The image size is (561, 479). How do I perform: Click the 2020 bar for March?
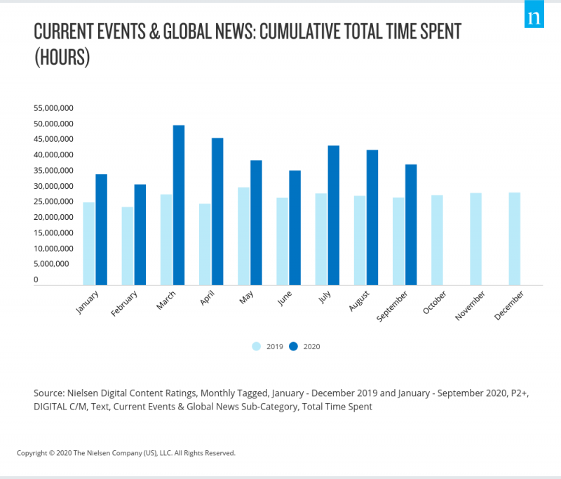point(179,205)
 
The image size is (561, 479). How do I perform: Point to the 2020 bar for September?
point(411,225)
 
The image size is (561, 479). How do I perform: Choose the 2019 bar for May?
point(243,236)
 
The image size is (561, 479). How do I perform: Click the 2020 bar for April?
point(217,211)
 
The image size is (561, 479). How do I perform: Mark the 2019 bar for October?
point(437,240)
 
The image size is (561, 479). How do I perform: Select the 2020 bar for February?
point(140,235)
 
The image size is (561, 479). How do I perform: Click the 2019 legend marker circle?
point(257,346)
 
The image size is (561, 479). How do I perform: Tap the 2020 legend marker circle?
point(294,346)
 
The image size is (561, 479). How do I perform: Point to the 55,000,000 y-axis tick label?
point(53,108)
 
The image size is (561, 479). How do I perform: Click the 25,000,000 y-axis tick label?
point(53,202)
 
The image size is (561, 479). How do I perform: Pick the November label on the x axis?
point(470,306)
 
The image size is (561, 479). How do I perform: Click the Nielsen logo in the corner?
point(534,15)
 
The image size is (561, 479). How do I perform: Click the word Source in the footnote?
point(48,393)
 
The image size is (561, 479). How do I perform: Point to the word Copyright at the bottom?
point(32,453)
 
